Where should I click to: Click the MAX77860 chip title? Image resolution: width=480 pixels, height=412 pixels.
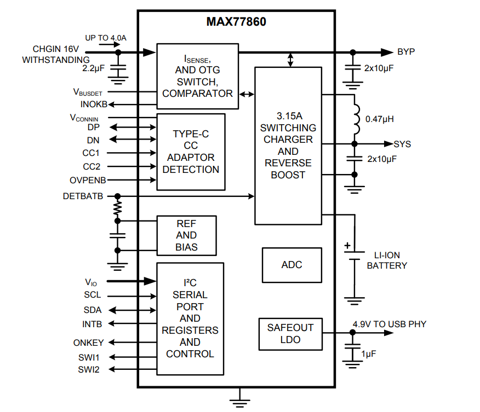coord(236,22)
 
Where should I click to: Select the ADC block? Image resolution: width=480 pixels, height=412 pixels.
coord(292,265)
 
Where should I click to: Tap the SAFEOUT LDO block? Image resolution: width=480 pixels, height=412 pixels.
coord(290,334)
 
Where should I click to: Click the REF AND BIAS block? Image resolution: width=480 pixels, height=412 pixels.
coord(186,235)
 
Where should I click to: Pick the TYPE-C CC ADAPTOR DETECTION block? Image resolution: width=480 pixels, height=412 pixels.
coord(191,152)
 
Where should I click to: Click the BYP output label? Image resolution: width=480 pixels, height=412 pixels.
coord(406,52)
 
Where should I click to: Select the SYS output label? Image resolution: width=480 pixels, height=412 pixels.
coord(402,144)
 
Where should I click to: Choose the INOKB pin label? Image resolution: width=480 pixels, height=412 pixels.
coord(94,105)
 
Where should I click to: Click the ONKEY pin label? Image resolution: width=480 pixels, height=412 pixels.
coord(88,343)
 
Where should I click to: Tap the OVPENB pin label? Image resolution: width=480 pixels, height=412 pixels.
coord(88,180)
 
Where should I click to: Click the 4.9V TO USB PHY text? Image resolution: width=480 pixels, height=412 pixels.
coord(389,324)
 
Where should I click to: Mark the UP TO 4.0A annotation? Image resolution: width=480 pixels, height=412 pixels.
coord(106,38)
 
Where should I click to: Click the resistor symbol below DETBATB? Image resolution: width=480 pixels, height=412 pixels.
coord(117,208)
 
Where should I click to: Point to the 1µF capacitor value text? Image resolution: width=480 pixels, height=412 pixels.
coord(369,354)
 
